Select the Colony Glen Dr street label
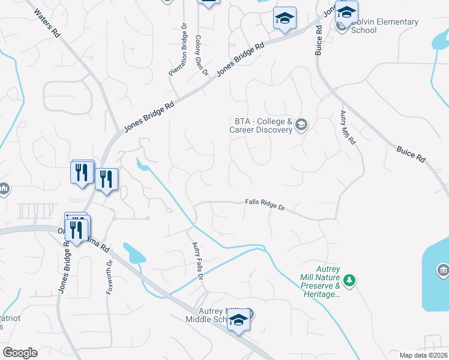click(201, 56)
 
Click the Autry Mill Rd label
click(348, 128)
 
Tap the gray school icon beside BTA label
click(301, 125)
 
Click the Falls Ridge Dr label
click(265, 205)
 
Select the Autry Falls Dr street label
click(198, 261)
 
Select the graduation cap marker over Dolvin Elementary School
click(346, 11)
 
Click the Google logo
click(19, 353)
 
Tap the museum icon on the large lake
click(443, 271)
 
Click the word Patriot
click(10, 318)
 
